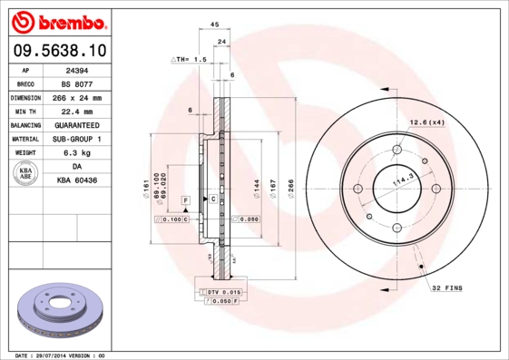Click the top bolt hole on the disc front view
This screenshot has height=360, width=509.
(396, 151)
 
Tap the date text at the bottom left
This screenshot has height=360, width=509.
(60, 355)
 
